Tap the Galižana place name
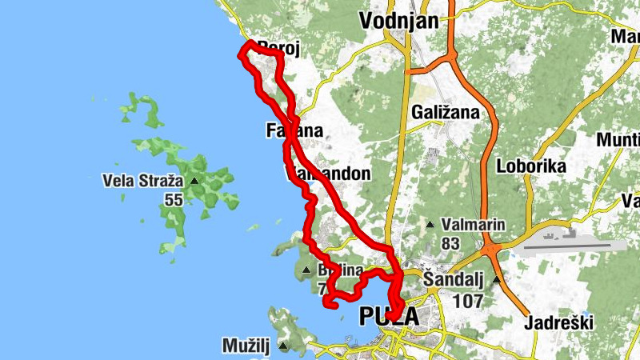point(446,113)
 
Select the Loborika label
point(531,166)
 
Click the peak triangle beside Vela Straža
point(194,181)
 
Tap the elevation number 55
point(174,200)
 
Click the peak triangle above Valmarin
point(430,225)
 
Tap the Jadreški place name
point(558,323)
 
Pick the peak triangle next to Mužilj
point(284,346)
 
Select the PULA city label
point(390,317)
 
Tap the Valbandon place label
point(330,173)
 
